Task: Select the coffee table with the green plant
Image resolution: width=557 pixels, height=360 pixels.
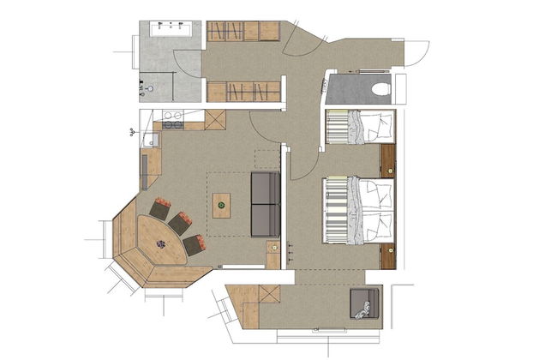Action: [x=222, y=206]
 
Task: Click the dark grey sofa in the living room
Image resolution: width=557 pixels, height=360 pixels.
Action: [x=265, y=204]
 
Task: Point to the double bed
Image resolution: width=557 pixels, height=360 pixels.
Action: [x=358, y=211]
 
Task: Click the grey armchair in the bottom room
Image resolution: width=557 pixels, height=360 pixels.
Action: [x=364, y=305]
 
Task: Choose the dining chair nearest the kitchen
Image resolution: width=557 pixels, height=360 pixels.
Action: [x=159, y=208]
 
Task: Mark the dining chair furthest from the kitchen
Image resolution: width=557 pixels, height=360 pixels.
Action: [x=193, y=244]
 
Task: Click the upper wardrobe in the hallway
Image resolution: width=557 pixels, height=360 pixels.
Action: [x=244, y=31]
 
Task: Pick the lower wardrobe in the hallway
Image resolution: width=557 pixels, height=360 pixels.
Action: [x=245, y=91]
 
